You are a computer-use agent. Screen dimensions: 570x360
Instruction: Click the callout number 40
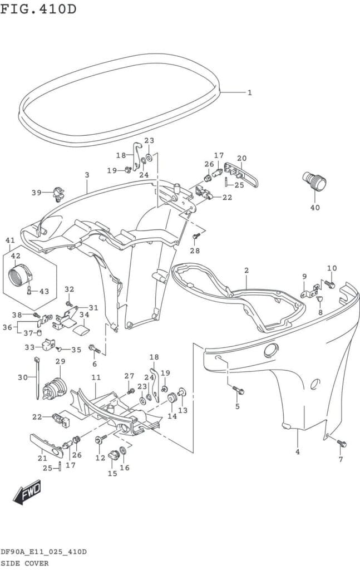(x=315, y=208)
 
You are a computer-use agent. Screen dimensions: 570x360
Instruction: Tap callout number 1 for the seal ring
(x=250, y=92)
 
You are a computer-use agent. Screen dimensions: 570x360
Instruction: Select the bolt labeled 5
(x=238, y=390)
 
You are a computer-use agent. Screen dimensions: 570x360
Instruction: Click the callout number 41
(x=10, y=240)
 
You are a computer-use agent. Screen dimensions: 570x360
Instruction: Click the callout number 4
(x=298, y=451)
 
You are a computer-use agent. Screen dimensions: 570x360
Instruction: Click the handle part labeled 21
(x=46, y=444)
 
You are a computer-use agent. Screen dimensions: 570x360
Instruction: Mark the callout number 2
(x=246, y=271)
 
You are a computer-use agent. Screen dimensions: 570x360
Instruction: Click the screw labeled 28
(x=195, y=237)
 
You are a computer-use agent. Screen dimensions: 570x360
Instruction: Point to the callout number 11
(x=96, y=377)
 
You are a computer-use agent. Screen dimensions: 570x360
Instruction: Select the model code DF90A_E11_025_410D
(x=43, y=552)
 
